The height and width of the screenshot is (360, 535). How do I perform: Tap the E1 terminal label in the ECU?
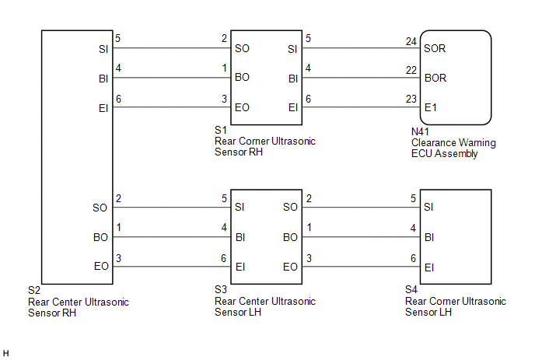click(431, 108)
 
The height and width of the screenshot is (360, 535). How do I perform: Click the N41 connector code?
click(420, 133)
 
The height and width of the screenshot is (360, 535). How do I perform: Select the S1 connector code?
click(221, 131)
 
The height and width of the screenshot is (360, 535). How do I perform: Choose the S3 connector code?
click(221, 290)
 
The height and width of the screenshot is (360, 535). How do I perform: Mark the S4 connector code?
click(412, 290)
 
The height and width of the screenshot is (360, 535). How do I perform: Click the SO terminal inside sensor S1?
click(243, 48)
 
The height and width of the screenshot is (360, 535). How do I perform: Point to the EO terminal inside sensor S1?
click(243, 108)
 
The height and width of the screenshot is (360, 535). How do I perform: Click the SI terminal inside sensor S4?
click(429, 208)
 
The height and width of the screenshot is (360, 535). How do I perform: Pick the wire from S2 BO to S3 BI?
click(168, 237)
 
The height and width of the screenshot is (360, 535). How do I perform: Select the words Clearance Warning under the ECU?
click(453, 143)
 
